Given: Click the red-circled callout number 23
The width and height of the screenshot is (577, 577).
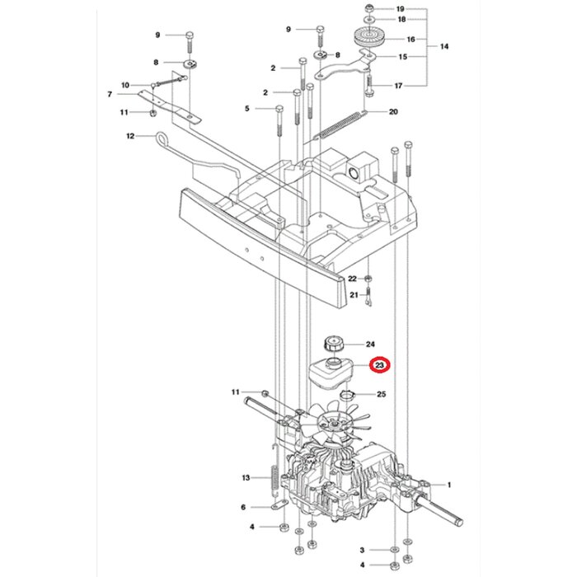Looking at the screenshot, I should (380, 364).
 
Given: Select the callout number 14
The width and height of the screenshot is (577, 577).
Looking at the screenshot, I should (444, 47).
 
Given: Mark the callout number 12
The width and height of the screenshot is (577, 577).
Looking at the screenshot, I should (130, 136).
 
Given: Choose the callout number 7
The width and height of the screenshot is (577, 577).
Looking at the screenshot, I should (109, 94).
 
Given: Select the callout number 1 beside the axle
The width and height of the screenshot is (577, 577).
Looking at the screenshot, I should (449, 486).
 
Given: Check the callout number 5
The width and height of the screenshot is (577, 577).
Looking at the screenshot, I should (246, 109).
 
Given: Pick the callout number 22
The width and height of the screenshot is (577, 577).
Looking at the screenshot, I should (352, 279).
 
